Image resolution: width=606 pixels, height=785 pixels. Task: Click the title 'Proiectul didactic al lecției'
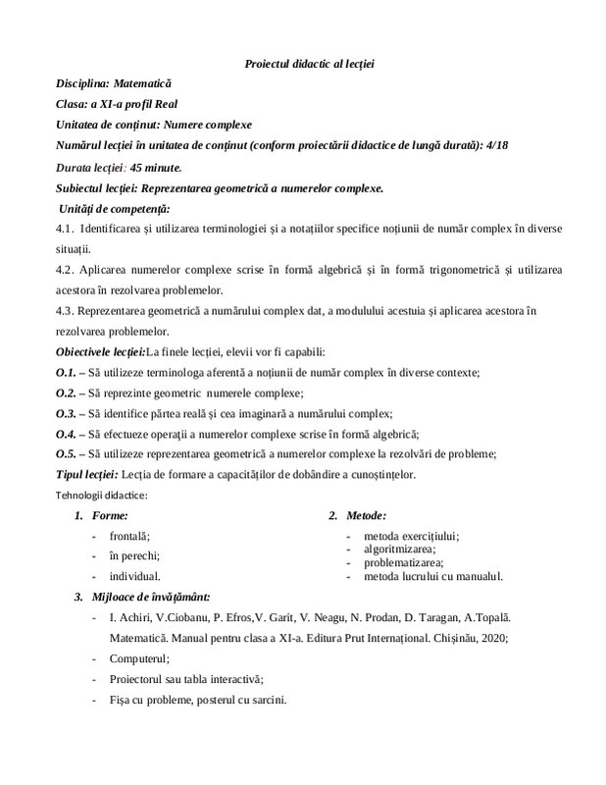(x=309, y=64)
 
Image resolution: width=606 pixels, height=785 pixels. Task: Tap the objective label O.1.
(x=66, y=372)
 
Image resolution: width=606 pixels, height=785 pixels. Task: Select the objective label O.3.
(x=66, y=413)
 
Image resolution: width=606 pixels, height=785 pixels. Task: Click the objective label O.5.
(x=66, y=453)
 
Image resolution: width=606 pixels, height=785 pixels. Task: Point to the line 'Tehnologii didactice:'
(x=101, y=495)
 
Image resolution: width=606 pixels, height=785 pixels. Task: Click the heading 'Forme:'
(x=109, y=515)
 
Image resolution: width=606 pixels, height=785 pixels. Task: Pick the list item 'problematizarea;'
(x=403, y=562)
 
